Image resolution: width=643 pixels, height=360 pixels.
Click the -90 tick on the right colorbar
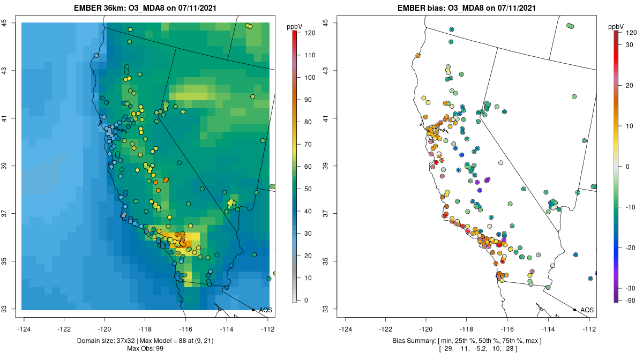(629, 300)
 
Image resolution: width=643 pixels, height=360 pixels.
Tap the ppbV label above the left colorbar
(295, 26)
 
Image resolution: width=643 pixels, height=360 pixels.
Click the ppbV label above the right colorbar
(616, 26)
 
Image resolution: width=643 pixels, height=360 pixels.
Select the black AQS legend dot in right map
(574, 310)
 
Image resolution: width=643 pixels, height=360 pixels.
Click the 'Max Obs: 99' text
(145, 349)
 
